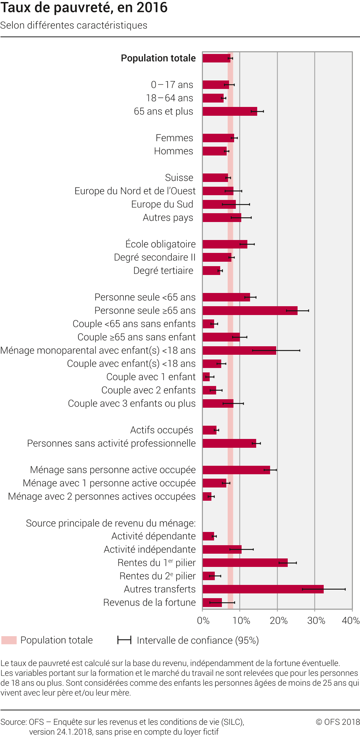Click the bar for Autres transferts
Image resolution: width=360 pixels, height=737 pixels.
263,589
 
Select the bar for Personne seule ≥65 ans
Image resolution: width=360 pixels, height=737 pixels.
250,311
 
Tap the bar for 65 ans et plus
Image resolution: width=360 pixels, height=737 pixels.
230,111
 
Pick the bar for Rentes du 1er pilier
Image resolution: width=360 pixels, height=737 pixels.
245,563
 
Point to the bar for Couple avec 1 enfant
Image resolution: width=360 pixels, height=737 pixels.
206,377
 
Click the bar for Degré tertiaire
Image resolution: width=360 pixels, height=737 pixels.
211,271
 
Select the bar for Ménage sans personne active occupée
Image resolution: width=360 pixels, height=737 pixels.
236,470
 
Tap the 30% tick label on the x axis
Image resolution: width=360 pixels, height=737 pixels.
316,621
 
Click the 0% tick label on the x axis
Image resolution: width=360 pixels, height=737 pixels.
203,621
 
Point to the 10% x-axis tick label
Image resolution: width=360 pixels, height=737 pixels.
241,621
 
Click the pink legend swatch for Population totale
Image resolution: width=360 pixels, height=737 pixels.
9,640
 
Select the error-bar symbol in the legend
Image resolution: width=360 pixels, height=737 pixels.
124,640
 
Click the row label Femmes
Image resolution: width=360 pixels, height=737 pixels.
174,138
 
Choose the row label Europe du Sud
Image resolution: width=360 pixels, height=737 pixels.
162,204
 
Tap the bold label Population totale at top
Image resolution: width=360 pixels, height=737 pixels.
158,58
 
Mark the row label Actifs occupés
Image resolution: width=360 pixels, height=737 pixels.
162,430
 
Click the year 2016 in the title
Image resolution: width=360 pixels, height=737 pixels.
152,7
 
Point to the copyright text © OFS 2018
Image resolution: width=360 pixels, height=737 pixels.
337,722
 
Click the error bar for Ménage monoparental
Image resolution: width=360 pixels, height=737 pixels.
276,350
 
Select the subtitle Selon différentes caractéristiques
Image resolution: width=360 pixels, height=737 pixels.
74,25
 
